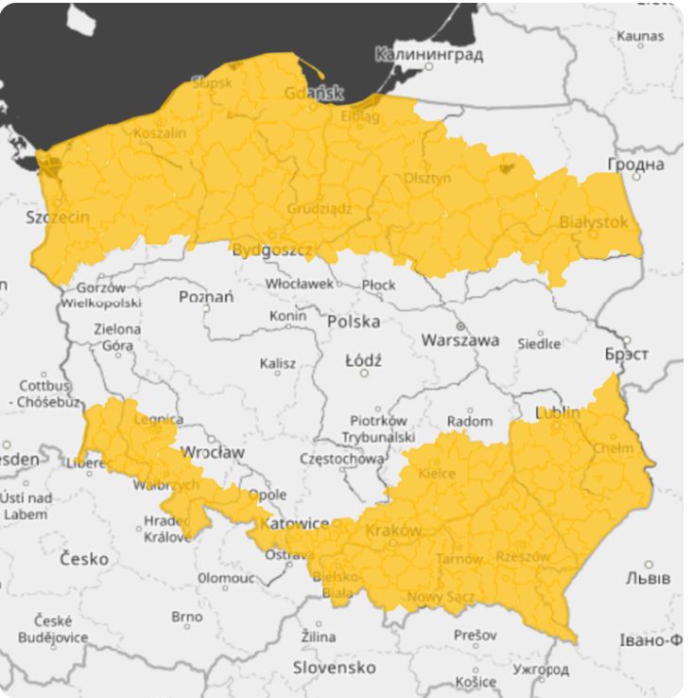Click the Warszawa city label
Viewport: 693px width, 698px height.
pos(459,340)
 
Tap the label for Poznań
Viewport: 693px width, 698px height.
pos(206,297)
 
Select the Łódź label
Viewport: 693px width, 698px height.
pos(363,360)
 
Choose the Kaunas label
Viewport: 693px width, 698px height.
pos(640,35)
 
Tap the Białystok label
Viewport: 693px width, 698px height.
pos(593,222)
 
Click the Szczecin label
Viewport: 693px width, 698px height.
pos(58,218)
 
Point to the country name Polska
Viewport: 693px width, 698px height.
pos(354,322)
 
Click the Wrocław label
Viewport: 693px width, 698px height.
pos(212,452)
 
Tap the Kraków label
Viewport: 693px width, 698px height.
pos(392,531)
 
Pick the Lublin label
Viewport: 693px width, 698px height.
pos(558,413)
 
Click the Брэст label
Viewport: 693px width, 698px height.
pos(626,354)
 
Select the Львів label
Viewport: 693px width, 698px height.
pos(648,577)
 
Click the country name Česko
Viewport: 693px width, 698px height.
pos(83,558)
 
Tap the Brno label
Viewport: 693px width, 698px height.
pos(186,617)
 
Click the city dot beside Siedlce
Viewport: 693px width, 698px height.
pos(542,332)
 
